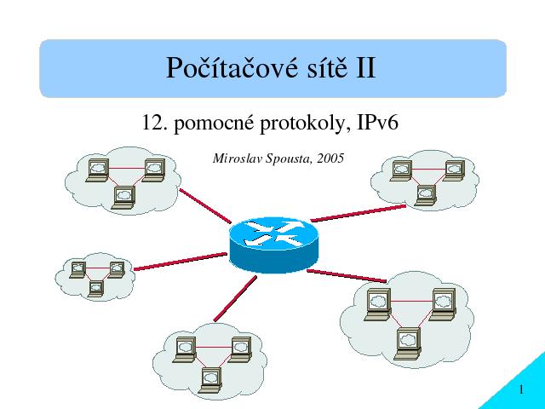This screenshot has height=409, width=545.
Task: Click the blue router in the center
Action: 274,245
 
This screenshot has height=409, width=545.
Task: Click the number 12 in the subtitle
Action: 152,123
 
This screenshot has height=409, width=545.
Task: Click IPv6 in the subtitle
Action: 377,123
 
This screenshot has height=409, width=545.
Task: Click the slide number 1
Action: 521,389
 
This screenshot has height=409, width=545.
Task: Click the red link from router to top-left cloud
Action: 205,206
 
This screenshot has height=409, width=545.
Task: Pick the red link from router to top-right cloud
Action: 358,213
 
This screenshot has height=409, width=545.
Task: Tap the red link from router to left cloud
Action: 181,262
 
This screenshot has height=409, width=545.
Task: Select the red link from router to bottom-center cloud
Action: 235,298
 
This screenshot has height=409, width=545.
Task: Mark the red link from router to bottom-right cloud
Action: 347,275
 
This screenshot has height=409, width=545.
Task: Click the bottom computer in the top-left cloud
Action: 123,198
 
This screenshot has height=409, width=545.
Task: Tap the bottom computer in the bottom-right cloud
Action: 408,343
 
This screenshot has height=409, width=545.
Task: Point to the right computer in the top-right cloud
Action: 454,170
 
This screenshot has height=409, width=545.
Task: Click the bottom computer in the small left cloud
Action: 95,288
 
